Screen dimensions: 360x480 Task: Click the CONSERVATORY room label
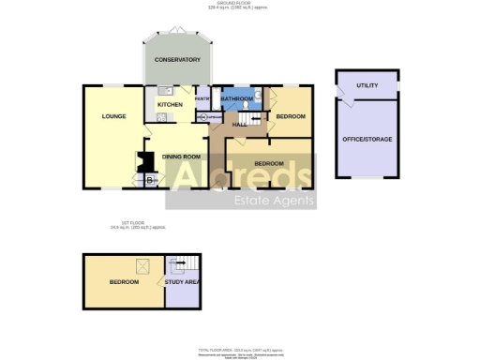(177, 60)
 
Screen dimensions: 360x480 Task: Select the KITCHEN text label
(169, 104)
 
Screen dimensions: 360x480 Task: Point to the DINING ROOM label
(182, 156)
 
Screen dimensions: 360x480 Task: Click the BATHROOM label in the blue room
(236, 98)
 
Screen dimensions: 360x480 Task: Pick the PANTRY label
(202, 97)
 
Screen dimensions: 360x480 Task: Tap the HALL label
(239, 124)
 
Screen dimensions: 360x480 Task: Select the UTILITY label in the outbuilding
(367, 85)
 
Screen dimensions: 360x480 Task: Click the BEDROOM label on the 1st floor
(124, 281)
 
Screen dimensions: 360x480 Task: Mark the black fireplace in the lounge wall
(145, 161)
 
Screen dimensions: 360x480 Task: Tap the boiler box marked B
(150, 180)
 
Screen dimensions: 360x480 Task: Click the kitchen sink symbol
(162, 92)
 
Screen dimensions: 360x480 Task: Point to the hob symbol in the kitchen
(161, 117)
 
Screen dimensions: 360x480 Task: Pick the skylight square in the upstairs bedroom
(143, 265)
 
